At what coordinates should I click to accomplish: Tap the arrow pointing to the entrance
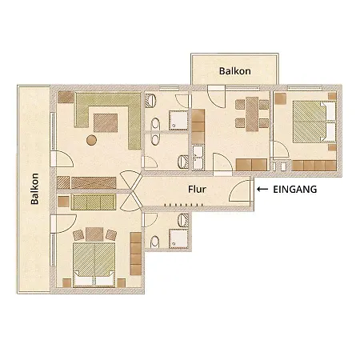(x=263, y=190)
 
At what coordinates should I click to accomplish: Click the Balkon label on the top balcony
(x=235, y=71)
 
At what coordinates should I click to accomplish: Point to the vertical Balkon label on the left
(x=35, y=189)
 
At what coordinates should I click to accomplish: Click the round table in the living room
(x=91, y=141)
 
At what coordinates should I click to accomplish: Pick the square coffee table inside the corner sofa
(x=105, y=122)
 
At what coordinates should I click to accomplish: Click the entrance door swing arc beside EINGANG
(x=238, y=193)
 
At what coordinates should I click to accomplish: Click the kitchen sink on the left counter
(x=197, y=154)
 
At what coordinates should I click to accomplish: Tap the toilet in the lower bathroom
(x=154, y=242)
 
